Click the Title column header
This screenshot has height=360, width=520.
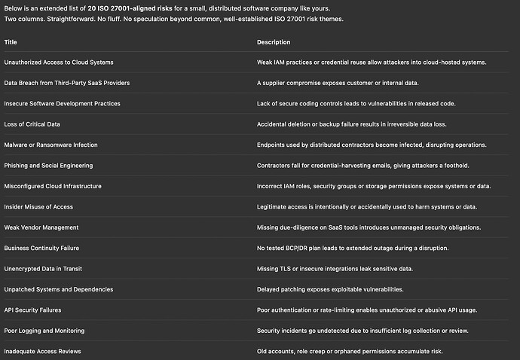pyautogui.click(x=11, y=42)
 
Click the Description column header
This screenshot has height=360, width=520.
pyautogui.click(x=274, y=42)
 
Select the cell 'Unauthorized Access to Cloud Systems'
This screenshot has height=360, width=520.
pyautogui.click(x=59, y=62)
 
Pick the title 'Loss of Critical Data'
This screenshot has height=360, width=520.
pyautogui.click(x=32, y=124)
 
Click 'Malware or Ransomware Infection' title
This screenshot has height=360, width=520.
pyautogui.click(x=51, y=145)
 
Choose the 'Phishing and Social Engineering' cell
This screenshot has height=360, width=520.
pyautogui.click(x=49, y=166)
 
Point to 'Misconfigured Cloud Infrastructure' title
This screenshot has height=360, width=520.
pyautogui.click(x=53, y=186)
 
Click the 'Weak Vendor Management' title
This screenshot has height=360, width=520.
pyautogui.click(x=41, y=227)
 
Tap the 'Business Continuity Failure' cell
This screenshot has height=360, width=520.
pyautogui.click(x=41, y=248)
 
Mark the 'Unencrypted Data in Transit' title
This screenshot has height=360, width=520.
pyautogui.click(x=43, y=269)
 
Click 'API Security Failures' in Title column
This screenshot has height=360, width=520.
pyautogui.click(x=33, y=310)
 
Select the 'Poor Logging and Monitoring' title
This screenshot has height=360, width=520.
pyautogui.click(x=44, y=331)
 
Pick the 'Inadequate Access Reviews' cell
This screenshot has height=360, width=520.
pyautogui.click(x=43, y=351)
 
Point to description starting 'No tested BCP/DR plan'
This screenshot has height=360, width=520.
pyautogui.click(x=353, y=248)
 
